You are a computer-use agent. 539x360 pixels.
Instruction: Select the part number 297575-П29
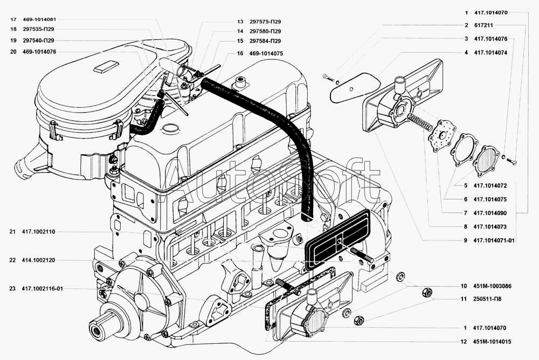click(x=265, y=22)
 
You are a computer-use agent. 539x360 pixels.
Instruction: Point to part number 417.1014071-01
click(x=495, y=239)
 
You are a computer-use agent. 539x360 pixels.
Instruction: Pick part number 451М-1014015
click(x=492, y=341)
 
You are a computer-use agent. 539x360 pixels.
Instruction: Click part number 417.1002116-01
click(x=43, y=289)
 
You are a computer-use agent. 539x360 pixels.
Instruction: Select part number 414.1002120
click(x=39, y=260)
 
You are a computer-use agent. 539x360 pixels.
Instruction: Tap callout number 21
click(x=12, y=232)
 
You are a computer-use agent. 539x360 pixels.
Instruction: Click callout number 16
click(x=239, y=53)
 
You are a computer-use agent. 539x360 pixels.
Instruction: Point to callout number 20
click(x=12, y=52)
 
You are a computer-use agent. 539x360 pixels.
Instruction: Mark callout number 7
click(x=465, y=213)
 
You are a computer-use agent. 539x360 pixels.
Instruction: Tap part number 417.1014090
click(x=490, y=213)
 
